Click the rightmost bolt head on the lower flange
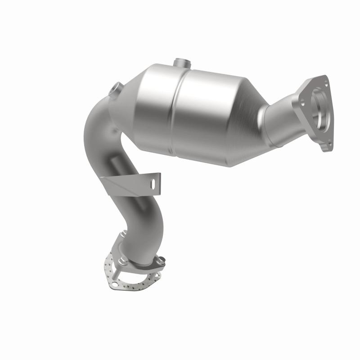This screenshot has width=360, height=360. (161, 260)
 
